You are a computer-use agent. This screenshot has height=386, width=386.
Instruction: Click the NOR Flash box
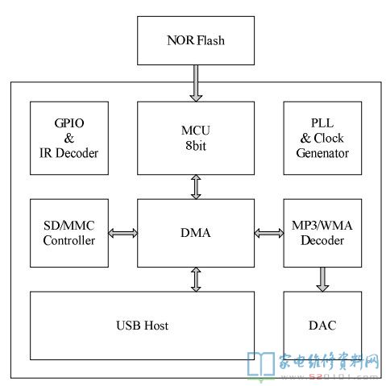[196, 40]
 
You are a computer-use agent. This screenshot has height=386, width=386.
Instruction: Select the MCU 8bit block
[196, 138]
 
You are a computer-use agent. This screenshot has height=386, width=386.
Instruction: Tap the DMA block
[196, 233]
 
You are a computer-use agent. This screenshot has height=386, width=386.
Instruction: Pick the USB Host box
[142, 326]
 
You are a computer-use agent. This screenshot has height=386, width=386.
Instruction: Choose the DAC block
[322, 326]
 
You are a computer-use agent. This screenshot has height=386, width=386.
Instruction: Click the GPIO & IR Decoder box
[69, 138]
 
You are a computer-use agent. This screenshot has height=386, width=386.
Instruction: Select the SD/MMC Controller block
[69, 233]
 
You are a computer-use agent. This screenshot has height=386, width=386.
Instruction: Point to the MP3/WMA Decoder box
[322, 233]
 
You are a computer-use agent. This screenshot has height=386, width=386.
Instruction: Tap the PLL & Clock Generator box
[322, 138]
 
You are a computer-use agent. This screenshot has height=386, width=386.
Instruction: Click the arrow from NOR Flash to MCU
[196, 83]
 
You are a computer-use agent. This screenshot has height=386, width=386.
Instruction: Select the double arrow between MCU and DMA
[196, 187]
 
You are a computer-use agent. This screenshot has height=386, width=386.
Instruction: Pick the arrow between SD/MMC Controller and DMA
[122, 233]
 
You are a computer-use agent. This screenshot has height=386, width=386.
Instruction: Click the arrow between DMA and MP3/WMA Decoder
[269, 233]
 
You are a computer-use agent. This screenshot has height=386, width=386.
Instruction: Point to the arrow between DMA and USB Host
[196, 280]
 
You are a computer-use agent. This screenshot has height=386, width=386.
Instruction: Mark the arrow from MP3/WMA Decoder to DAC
[322, 280]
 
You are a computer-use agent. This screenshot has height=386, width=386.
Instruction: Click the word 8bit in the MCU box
[196, 146]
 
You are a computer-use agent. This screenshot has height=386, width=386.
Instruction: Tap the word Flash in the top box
[211, 40]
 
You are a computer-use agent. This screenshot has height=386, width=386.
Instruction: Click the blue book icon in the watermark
[261, 364]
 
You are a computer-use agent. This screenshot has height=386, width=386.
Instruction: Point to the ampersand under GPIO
[69, 139]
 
